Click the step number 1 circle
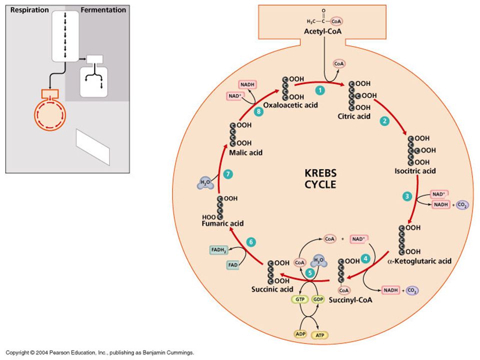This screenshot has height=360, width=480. tap(320, 90)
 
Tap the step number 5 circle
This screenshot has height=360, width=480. tap(310, 272)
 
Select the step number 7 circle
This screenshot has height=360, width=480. tap(228, 174)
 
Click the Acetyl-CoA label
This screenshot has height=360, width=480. tap(322, 31)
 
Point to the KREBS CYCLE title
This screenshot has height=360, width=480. tap(320, 179)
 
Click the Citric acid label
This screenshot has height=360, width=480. tap(354, 116)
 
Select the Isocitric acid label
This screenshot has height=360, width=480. tap(415, 171)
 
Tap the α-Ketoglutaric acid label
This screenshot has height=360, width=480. tap(419, 261)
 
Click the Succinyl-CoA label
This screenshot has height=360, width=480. tap(350, 300)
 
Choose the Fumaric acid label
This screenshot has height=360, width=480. tap(222, 223)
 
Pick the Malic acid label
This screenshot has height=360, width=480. tap(246, 153)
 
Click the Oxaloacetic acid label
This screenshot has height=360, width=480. tap(290, 105)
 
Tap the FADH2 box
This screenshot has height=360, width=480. tap(218, 250)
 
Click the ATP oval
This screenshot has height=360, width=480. tap(320, 335)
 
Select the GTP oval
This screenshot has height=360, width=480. tap(300, 299)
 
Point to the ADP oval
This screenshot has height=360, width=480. tap(300, 334)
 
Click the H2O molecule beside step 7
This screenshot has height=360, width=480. tap(205, 183)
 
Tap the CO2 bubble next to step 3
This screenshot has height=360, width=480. tap(462, 205)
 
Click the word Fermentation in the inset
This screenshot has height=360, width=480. tap(103, 10)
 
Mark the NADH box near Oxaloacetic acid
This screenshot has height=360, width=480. tap(247, 84)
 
